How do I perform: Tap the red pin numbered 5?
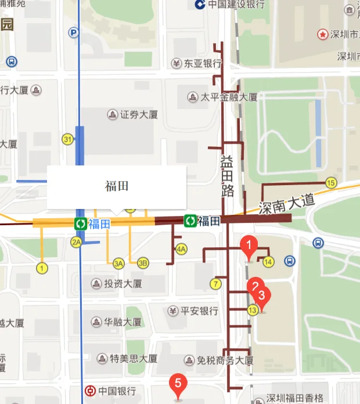(178, 383)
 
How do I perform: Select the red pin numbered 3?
(261, 295)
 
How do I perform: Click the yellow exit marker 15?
(331, 183)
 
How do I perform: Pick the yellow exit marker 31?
(68, 139)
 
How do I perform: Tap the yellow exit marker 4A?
(181, 250)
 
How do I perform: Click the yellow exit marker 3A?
(119, 263)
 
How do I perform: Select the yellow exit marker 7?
(216, 284)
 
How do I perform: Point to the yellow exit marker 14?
(268, 262)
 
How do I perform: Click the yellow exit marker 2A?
(76, 243)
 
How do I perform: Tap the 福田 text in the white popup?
(116, 186)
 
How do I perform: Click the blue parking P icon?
(74, 33)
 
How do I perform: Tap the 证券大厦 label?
(139, 114)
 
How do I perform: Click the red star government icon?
(322, 34)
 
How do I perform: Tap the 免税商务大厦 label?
(225, 360)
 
